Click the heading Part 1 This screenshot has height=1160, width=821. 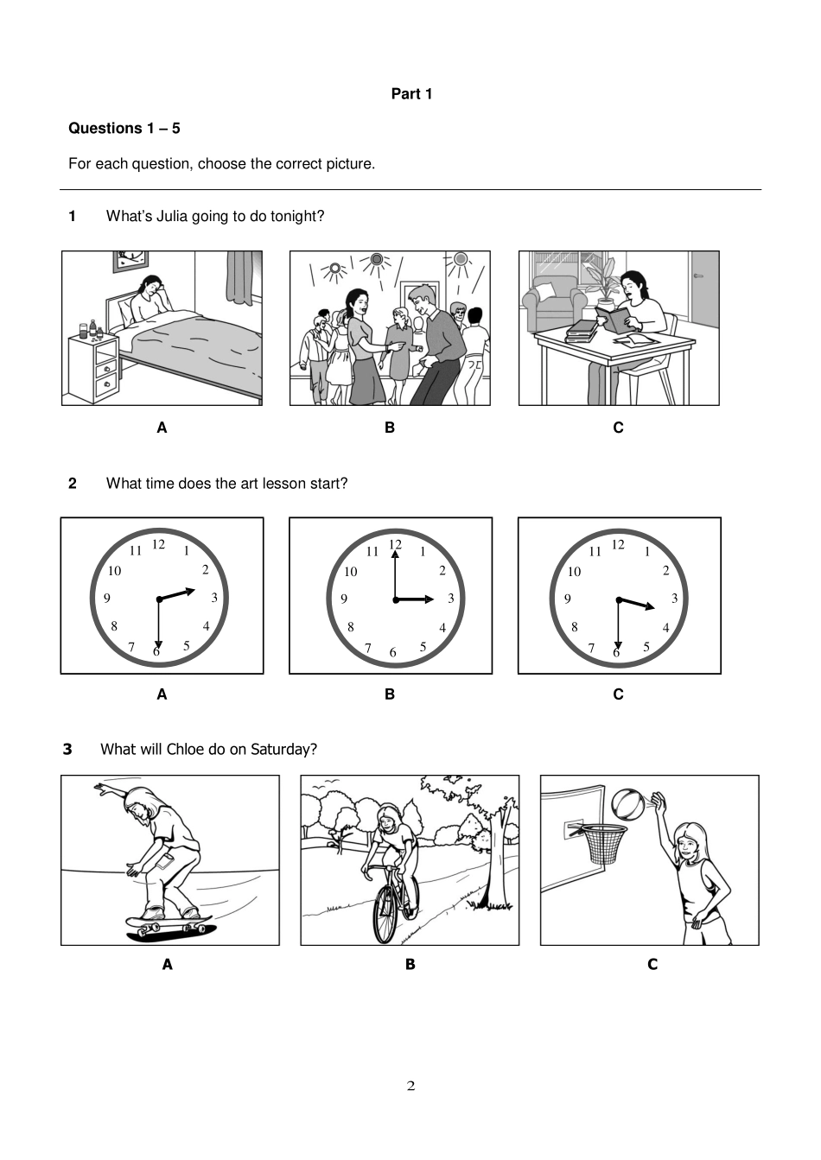pos(411,94)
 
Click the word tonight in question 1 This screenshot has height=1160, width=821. pos(296,216)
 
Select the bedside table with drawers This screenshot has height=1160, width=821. pos(93,367)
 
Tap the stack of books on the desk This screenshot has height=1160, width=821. pos(582,331)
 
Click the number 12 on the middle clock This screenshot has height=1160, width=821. pos(395,544)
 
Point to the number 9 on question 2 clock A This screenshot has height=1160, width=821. pos(107,598)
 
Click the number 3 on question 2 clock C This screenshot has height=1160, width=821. pos(674,599)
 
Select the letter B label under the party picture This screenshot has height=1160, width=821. pos(390,428)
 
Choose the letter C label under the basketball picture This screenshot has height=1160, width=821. pos(652,964)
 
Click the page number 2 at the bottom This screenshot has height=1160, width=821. pos(410,1086)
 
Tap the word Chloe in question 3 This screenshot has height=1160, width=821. pos(185,749)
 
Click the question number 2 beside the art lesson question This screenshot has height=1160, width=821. pos(73,484)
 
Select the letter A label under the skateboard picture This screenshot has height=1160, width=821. pos(168,964)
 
